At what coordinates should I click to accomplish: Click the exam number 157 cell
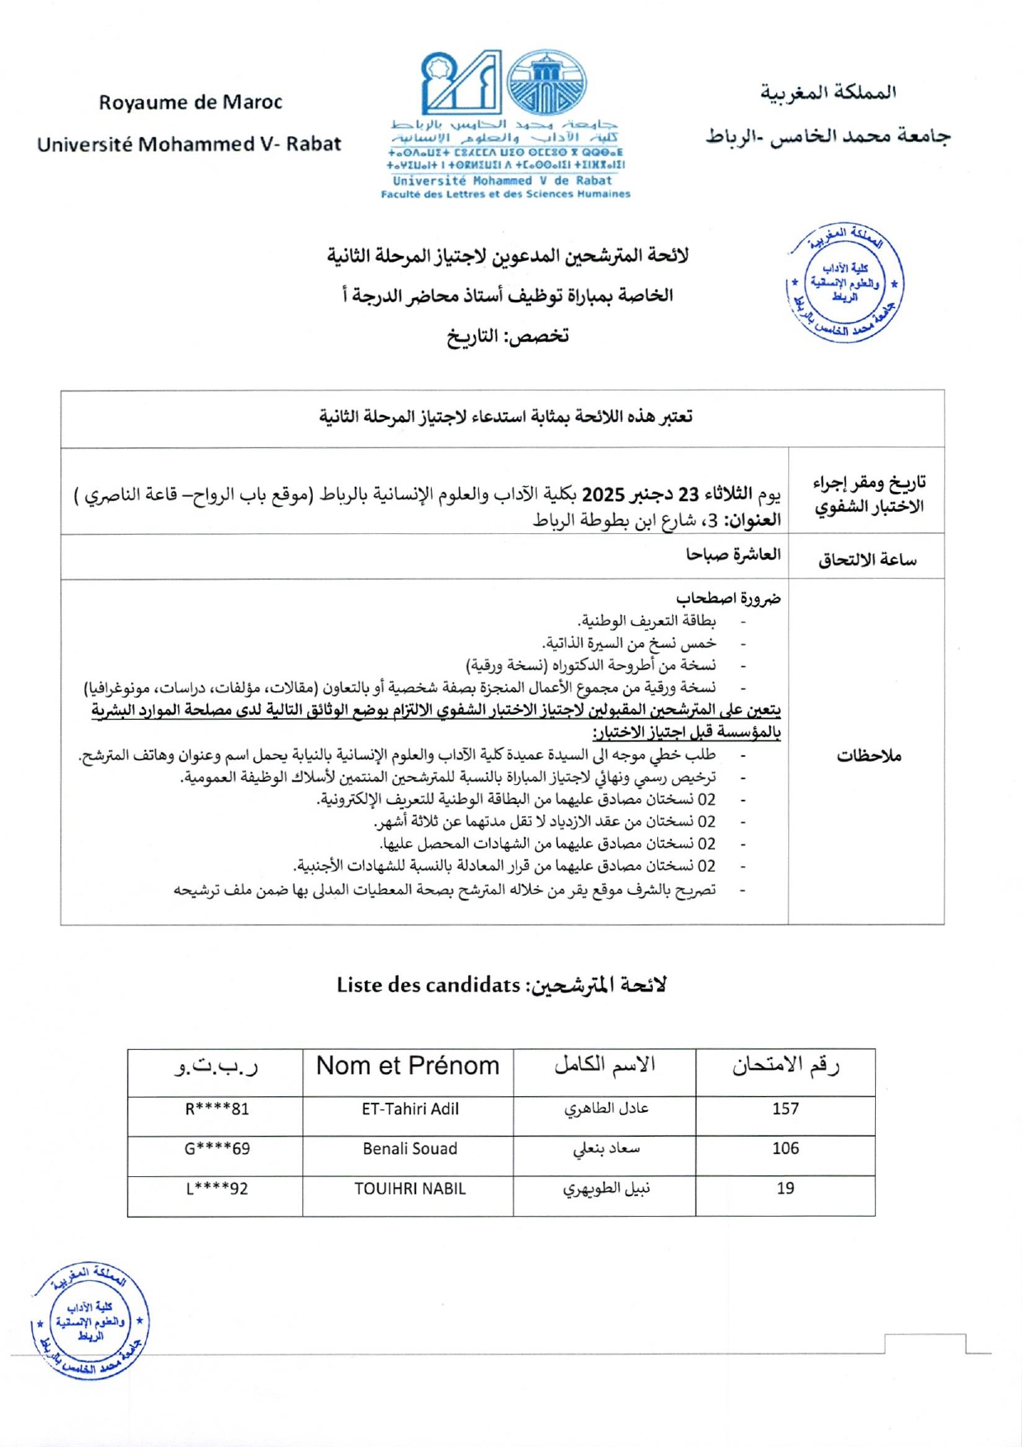(x=785, y=1109)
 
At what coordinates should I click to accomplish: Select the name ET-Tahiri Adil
(x=409, y=1109)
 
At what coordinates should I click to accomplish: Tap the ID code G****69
(x=216, y=1148)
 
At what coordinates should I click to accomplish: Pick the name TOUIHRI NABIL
(x=409, y=1189)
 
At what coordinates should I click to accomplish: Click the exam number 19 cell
(x=785, y=1188)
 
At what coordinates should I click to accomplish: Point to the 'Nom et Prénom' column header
(x=408, y=1066)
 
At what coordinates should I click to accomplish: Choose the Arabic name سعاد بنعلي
(x=606, y=1148)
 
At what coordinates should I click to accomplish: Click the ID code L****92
(x=216, y=1189)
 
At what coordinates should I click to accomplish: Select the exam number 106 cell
(x=785, y=1148)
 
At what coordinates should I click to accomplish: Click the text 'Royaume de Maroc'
(x=191, y=102)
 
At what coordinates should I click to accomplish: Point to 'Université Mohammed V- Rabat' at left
(x=189, y=144)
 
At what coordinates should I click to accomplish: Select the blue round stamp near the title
(x=845, y=283)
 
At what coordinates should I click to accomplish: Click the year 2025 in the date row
(x=603, y=494)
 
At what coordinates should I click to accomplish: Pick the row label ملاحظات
(x=868, y=755)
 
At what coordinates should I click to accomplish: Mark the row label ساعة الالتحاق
(x=867, y=560)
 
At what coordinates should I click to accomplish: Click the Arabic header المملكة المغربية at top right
(x=828, y=92)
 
